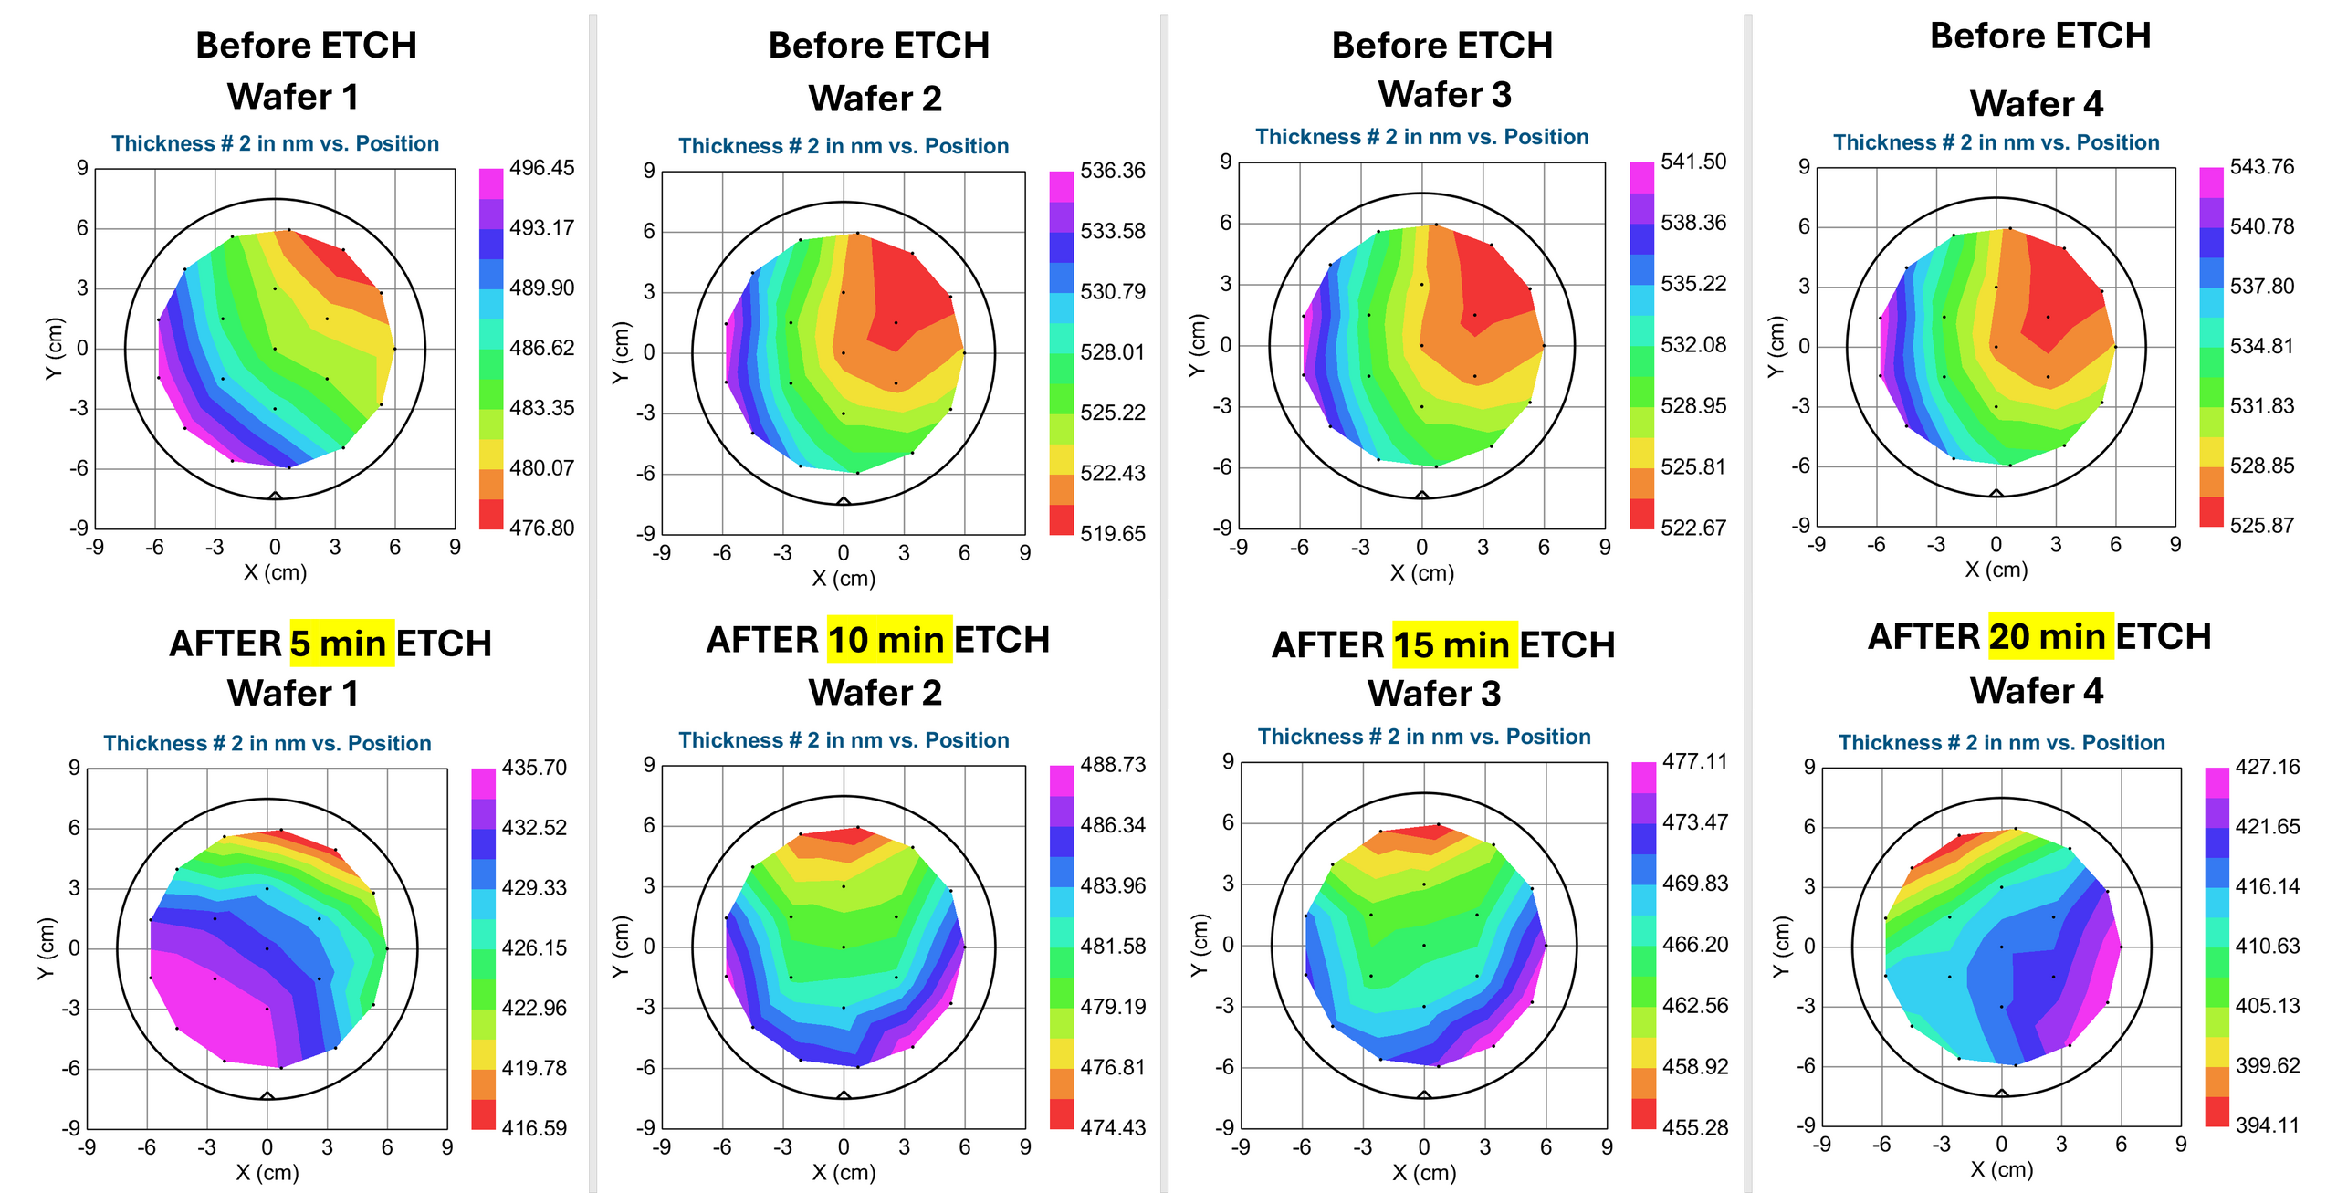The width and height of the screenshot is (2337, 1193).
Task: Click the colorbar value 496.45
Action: point(542,168)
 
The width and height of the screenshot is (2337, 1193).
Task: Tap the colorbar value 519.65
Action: point(1113,533)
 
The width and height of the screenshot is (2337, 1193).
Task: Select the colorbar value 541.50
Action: point(1693,162)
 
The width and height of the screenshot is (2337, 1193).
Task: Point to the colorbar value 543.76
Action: point(2262,166)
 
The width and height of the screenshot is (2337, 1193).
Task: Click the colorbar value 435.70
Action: point(534,768)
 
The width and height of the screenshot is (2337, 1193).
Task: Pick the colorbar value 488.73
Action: point(1113,765)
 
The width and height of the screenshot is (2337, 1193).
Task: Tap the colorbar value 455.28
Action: point(1695,1127)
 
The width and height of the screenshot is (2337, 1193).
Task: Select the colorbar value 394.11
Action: point(2268,1125)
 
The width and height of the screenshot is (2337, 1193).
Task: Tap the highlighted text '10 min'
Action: point(889,640)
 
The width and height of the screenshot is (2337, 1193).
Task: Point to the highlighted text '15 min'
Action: point(1454,645)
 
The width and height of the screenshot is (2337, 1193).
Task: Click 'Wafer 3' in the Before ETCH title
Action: point(1445,94)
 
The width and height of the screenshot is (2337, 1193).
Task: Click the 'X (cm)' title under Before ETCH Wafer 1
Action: point(275,572)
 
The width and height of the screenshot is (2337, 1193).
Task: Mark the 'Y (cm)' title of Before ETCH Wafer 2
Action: point(621,352)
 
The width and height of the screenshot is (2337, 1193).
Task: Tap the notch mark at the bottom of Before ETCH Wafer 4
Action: point(1996,493)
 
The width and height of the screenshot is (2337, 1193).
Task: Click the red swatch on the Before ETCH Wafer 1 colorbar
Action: point(491,514)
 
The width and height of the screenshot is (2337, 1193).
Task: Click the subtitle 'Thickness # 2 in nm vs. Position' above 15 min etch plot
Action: point(1424,737)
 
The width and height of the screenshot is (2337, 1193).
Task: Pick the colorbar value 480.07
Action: point(542,467)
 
